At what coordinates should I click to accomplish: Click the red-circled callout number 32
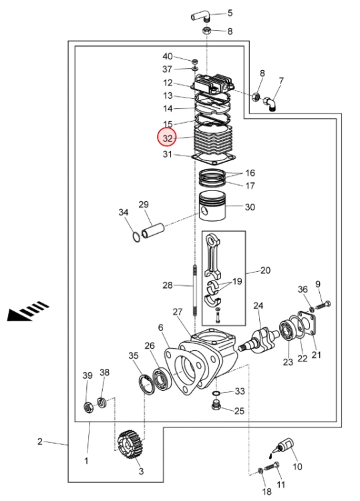pos(168,138)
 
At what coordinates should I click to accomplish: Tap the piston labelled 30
pos(212,206)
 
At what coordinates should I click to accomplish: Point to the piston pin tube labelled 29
pos(153,231)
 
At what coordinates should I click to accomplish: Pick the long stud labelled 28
pos(194,290)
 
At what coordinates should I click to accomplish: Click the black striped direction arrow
pos(28,311)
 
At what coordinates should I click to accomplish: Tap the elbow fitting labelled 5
pos(200,16)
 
